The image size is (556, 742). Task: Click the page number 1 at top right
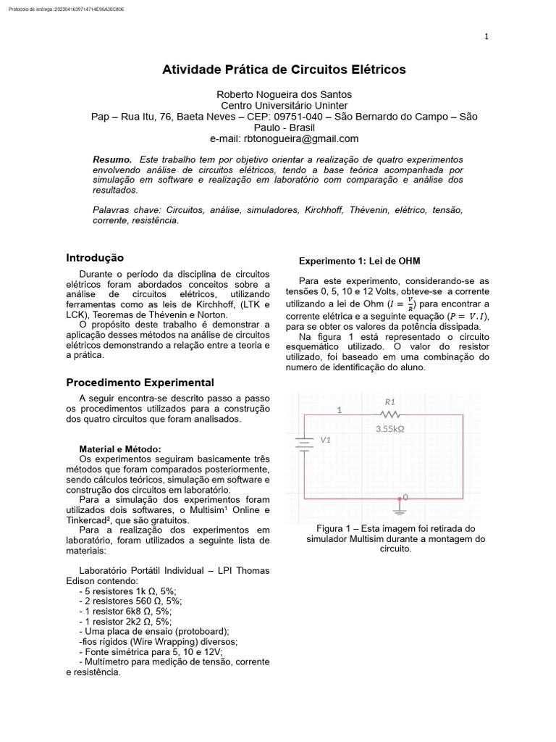[486, 37]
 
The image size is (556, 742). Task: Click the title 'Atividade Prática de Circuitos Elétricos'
[284, 70]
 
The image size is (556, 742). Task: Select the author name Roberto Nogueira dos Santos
[284, 94]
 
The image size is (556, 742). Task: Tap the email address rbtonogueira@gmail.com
[284, 138]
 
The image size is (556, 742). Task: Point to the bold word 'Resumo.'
[112, 159]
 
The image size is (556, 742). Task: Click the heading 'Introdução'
[95, 258]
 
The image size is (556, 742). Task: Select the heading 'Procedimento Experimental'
[140, 382]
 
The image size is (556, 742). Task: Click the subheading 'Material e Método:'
[120, 449]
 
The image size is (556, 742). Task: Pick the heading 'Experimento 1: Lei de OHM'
[360, 261]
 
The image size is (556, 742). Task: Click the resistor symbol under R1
[390, 414]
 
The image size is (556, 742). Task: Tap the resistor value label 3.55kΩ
[389, 428]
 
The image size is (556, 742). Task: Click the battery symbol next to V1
[304, 443]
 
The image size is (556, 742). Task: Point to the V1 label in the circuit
[325, 439]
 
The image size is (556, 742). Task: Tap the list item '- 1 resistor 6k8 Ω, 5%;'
[125, 611]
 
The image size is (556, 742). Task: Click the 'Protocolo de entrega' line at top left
[66, 9]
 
